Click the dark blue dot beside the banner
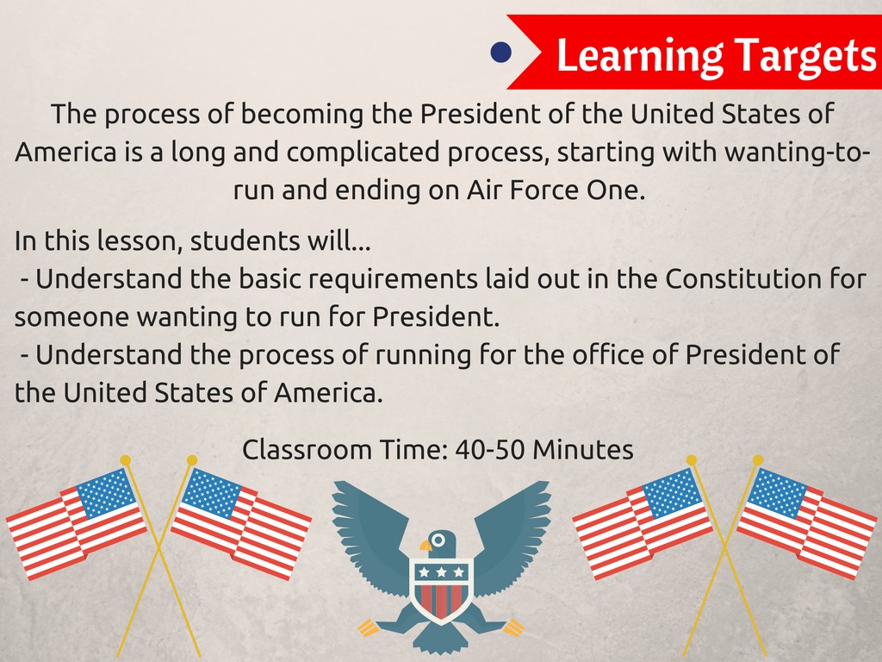(500, 53)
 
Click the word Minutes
(583, 450)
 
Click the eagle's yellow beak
(425, 546)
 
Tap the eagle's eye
(438, 540)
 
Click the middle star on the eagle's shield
(442, 572)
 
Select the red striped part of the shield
(442, 601)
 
